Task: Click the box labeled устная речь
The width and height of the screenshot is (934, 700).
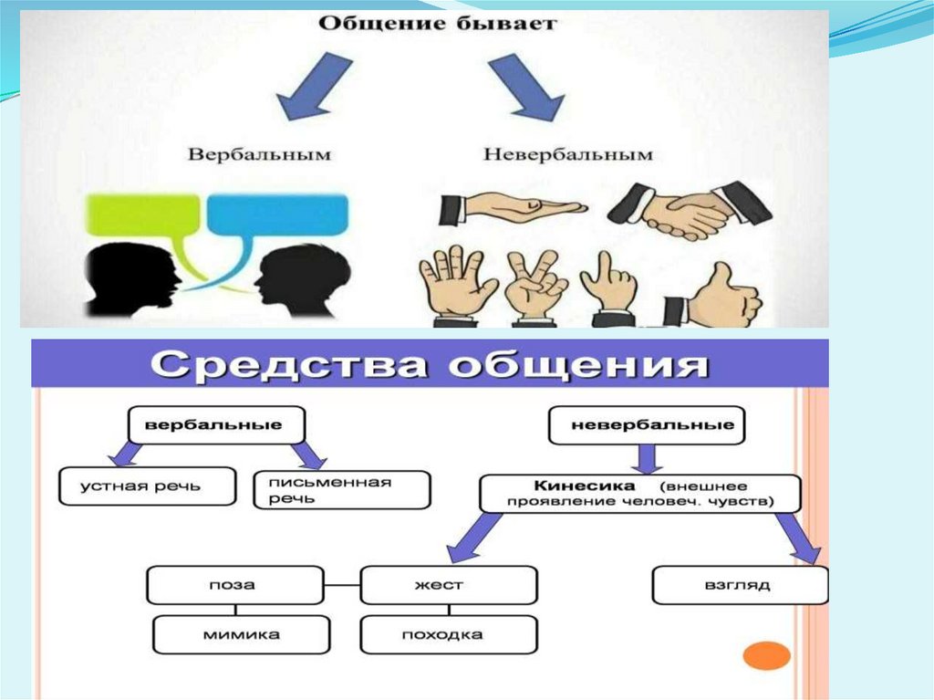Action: tap(140, 486)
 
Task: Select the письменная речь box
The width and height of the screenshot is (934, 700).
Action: tap(340, 490)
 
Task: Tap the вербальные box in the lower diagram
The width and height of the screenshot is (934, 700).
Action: tap(215, 425)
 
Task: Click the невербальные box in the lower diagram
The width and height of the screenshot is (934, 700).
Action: tap(646, 425)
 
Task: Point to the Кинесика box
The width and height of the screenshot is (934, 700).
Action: tap(639, 493)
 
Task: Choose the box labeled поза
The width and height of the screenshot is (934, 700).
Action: tap(235, 585)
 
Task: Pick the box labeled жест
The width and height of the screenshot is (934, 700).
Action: tap(448, 585)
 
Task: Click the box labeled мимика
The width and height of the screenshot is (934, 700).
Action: tap(242, 633)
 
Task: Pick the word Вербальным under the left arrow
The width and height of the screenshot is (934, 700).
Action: tap(259, 154)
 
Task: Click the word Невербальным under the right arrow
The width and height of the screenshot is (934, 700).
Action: tap(567, 154)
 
